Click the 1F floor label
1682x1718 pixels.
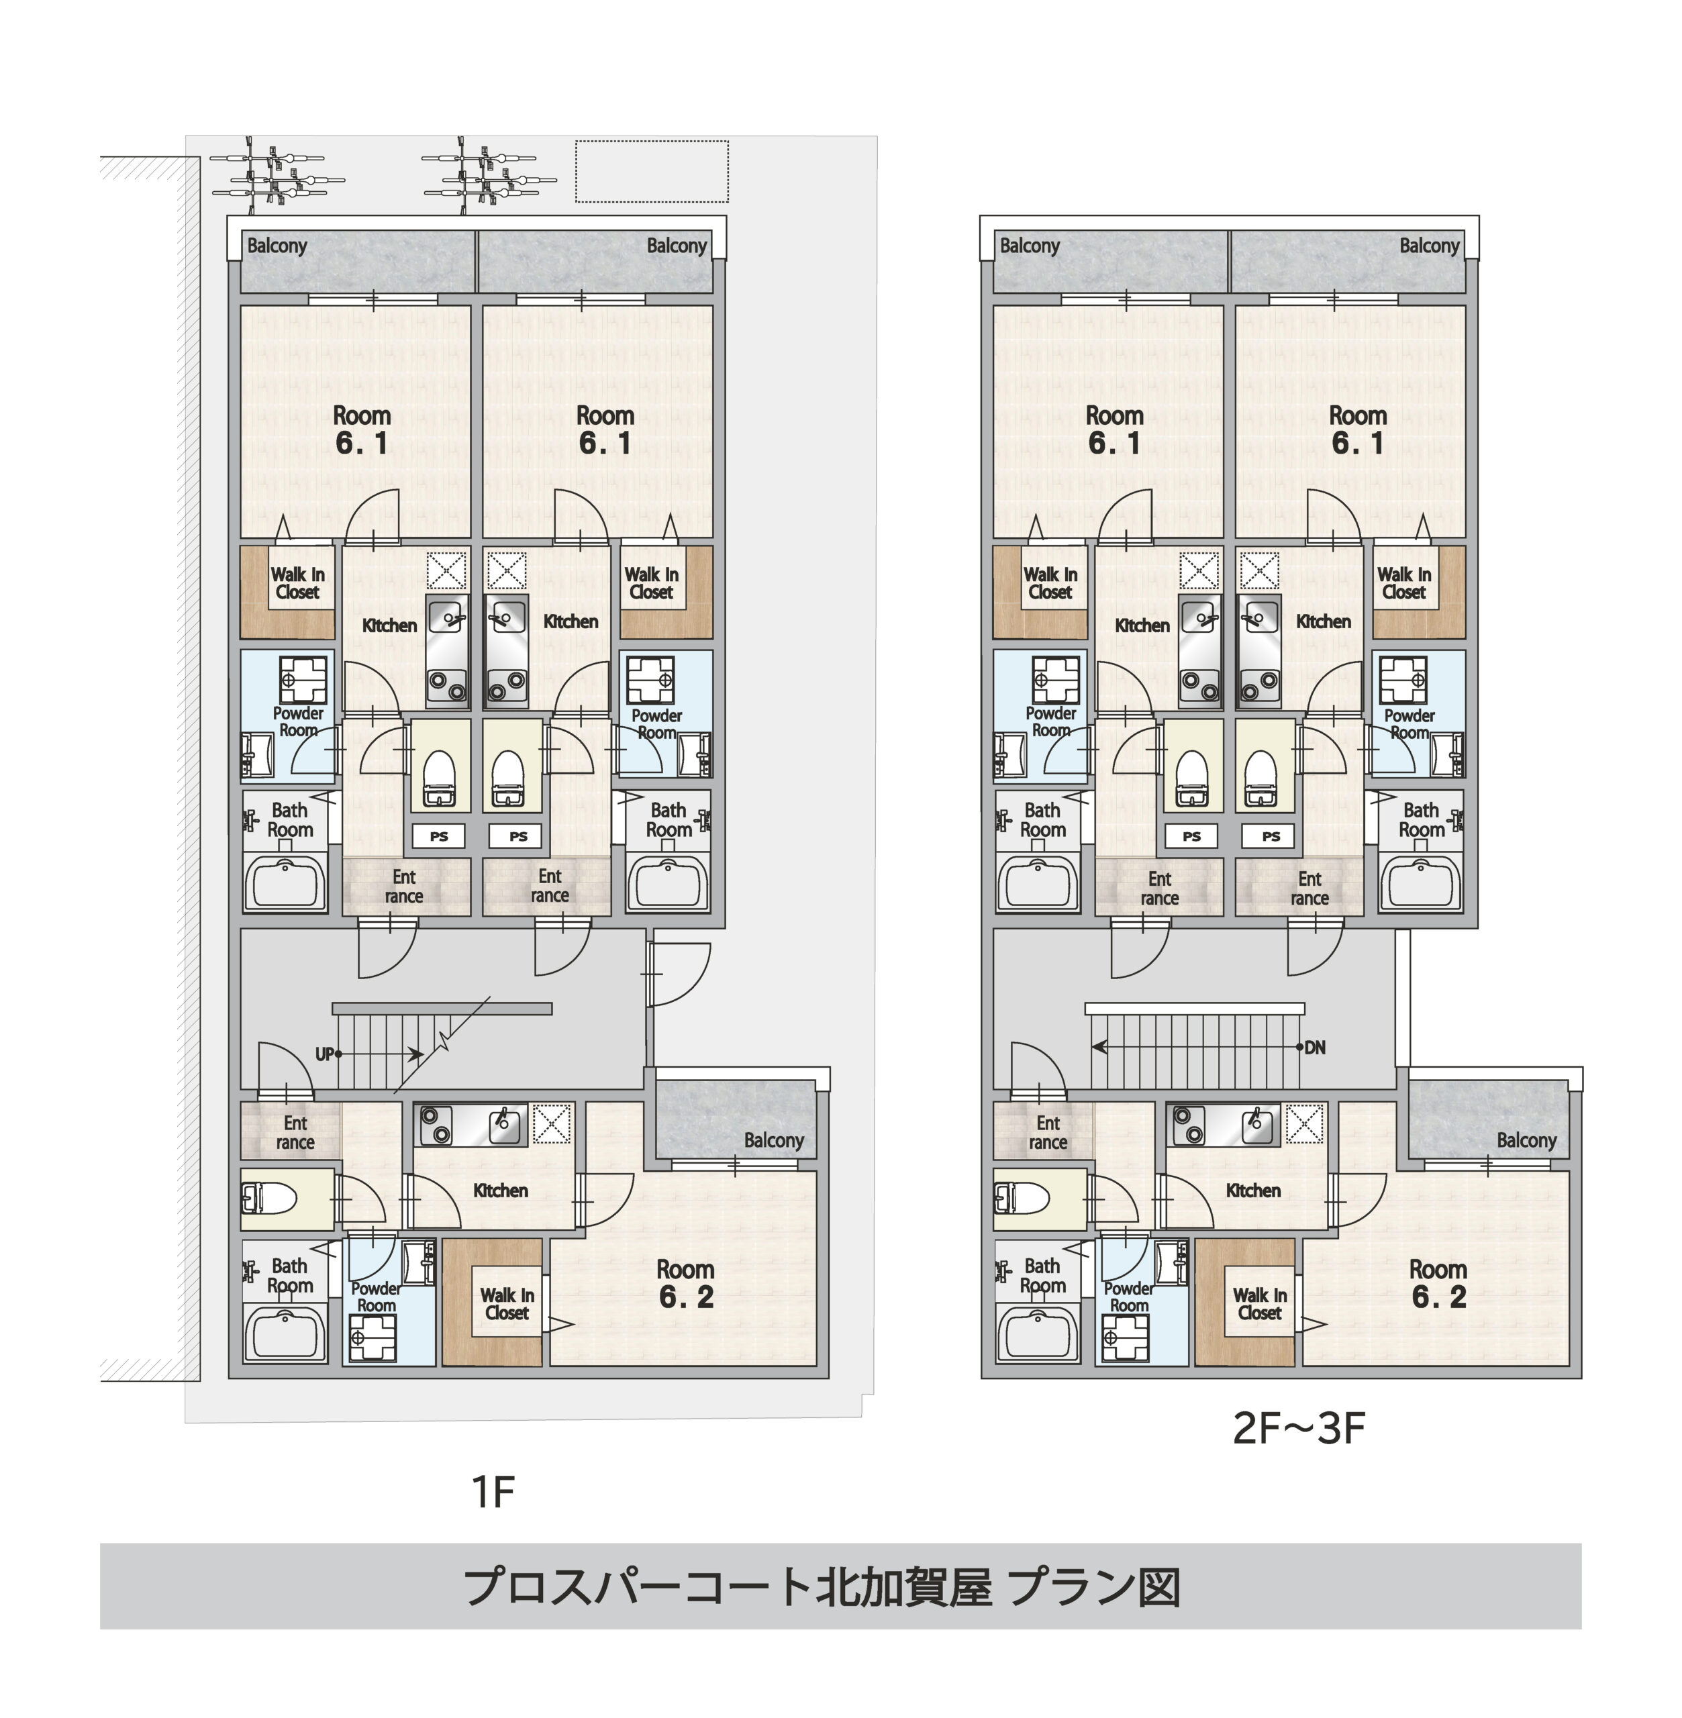tap(492, 1492)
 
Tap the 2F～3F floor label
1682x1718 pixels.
tap(1299, 1427)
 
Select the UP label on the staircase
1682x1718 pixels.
tap(324, 1054)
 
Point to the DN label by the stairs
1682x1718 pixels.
tap(1314, 1048)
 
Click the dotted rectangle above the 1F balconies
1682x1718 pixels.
tap(652, 171)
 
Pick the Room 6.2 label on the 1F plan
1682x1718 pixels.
tap(685, 1283)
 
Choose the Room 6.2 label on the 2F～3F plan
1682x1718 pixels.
tap(1438, 1283)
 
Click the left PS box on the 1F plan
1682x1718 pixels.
tap(439, 836)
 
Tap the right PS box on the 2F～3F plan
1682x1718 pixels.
tap(1271, 836)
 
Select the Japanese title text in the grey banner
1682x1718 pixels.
tap(822, 1587)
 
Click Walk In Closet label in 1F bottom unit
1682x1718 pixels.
tap(507, 1304)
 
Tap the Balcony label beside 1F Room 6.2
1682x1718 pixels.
tap(774, 1140)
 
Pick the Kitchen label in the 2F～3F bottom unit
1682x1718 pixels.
tap(1252, 1191)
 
